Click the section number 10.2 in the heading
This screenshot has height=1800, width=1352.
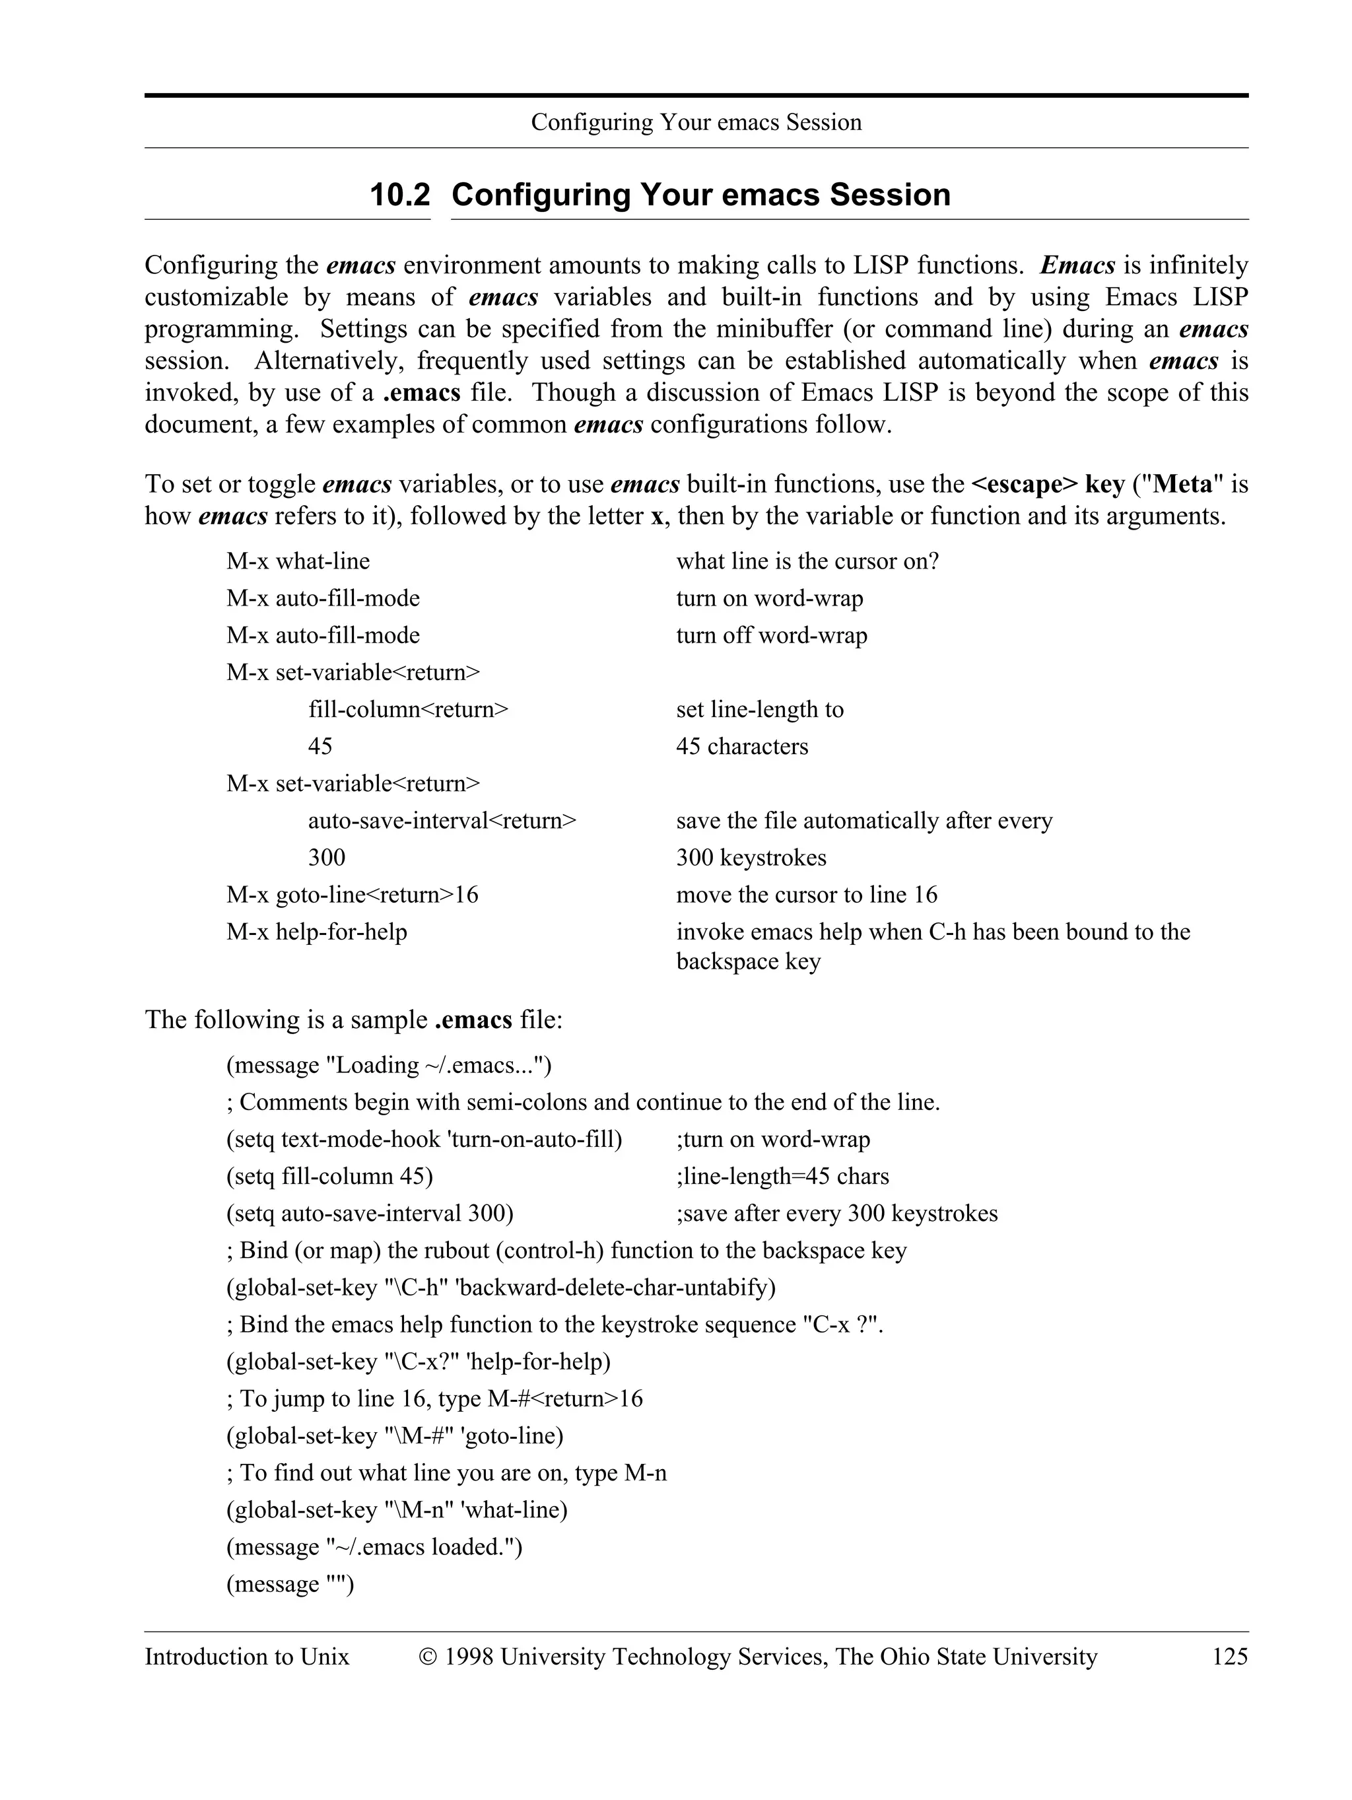coord(399,195)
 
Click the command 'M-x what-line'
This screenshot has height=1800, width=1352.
coord(298,561)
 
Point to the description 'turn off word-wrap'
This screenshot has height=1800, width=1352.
coord(771,635)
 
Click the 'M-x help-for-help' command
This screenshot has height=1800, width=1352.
coord(316,932)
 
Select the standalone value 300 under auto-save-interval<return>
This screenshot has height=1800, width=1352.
coord(326,858)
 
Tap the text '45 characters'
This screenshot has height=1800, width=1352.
coord(742,747)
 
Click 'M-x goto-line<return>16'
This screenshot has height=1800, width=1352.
coord(353,895)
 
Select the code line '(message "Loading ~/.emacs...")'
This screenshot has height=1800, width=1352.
coord(389,1065)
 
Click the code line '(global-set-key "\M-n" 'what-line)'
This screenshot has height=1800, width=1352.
coord(396,1510)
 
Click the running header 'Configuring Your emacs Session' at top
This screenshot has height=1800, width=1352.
coord(696,123)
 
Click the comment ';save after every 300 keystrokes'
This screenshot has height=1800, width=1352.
coord(836,1214)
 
